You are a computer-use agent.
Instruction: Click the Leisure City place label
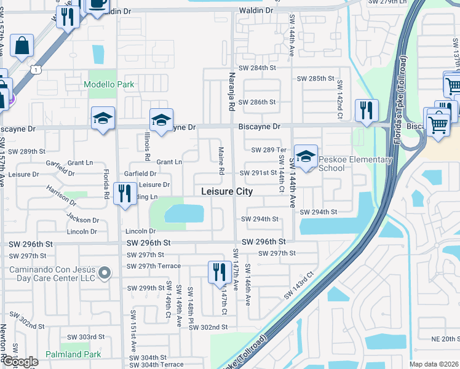click(x=227, y=192)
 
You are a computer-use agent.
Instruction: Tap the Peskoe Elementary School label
click(x=355, y=164)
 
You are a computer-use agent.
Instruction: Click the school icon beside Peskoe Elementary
click(x=305, y=156)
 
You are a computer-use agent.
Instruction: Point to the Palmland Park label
click(x=73, y=355)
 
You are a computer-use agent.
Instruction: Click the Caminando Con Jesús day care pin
click(x=105, y=272)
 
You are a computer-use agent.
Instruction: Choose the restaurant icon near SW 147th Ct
click(x=220, y=272)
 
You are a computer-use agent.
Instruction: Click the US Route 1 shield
click(x=38, y=71)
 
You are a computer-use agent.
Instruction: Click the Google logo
click(x=20, y=362)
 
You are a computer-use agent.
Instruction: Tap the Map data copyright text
click(x=434, y=364)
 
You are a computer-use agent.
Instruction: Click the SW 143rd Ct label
click(x=299, y=286)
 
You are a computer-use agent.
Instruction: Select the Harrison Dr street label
click(x=61, y=198)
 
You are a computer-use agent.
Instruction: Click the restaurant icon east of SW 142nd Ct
click(x=367, y=111)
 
